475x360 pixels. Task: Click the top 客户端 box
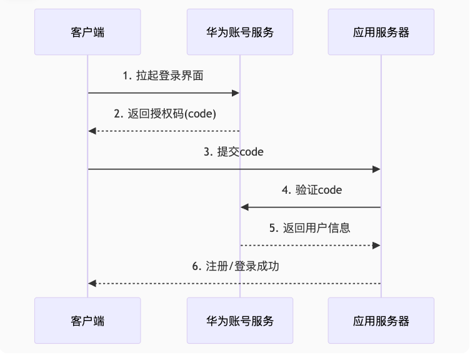87,32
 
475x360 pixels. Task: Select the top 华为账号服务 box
240,32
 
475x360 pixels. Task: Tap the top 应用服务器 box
381,32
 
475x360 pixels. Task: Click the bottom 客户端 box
87,321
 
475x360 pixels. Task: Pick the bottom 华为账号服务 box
240,321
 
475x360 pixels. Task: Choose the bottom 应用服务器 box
381,321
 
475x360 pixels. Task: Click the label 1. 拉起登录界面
163,76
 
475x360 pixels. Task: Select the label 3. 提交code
233,152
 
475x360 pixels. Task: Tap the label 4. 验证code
311,190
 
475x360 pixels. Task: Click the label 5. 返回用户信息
310,228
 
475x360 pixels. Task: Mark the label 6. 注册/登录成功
235,266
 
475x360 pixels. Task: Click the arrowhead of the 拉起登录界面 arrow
236,93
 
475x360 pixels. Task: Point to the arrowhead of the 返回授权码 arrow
92,131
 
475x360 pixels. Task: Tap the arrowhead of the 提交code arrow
377,169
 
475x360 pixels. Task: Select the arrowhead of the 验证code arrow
244,207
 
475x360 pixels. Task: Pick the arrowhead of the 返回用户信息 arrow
377,246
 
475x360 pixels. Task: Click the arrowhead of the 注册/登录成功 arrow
92,284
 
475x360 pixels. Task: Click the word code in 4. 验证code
330,190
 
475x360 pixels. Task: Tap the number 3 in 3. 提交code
206,152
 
